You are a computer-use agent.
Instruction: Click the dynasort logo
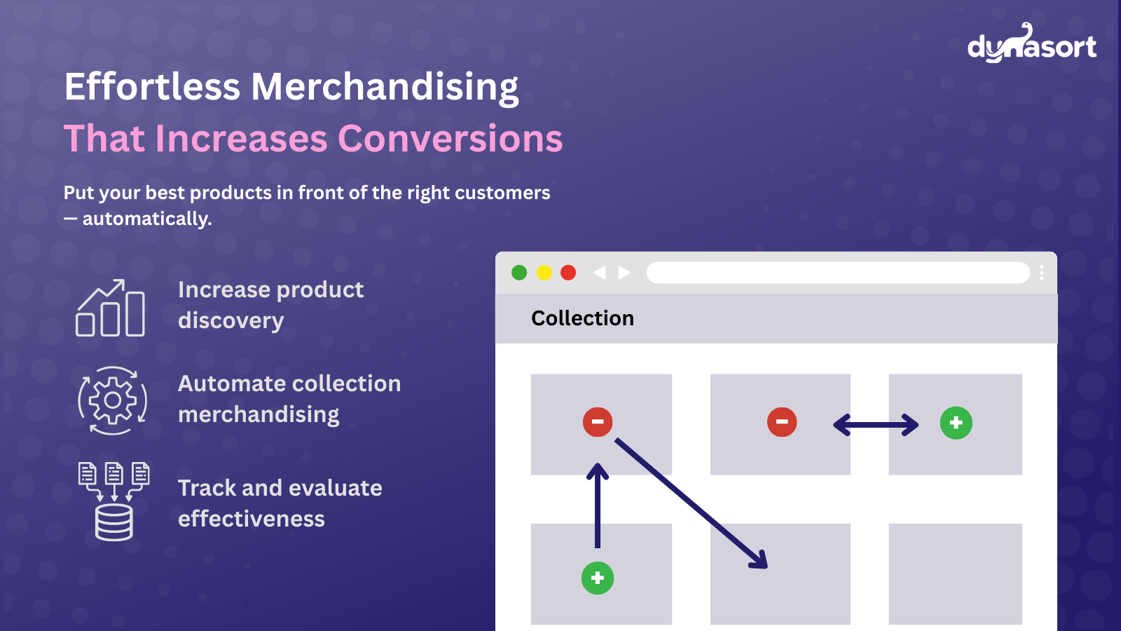point(1032,43)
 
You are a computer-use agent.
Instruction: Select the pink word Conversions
point(451,139)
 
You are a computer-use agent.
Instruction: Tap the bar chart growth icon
point(110,308)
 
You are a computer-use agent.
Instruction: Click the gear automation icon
point(113,400)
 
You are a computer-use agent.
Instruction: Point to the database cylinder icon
point(114,522)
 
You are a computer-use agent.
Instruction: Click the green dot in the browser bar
point(519,273)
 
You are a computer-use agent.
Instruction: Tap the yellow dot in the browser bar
point(544,273)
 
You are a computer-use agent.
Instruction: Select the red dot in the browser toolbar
point(568,273)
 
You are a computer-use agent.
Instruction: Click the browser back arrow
point(600,273)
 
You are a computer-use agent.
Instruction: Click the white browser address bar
point(838,273)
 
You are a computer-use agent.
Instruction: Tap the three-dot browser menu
point(1042,273)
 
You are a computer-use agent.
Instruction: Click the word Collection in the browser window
point(582,318)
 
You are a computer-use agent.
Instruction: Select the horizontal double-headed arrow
point(876,425)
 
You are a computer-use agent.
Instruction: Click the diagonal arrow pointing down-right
point(691,504)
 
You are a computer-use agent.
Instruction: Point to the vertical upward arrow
point(598,506)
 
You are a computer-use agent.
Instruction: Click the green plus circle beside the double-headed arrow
point(956,423)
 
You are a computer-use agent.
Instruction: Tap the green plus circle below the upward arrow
point(598,578)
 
